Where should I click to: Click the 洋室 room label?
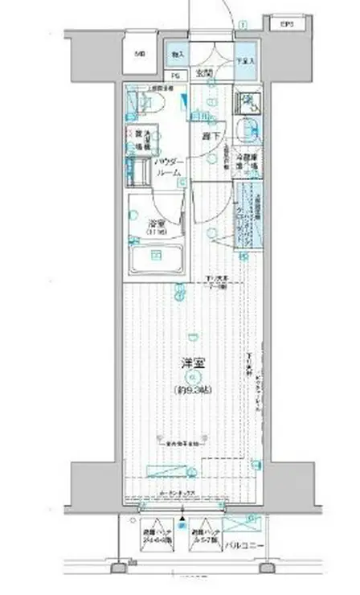pyautogui.click(x=191, y=363)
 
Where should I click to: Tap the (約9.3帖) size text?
pyautogui.click(x=191, y=390)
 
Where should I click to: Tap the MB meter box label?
pyautogui.click(x=141, y=55)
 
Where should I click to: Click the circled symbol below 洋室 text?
pyautogui.click(x=191, y=376)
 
